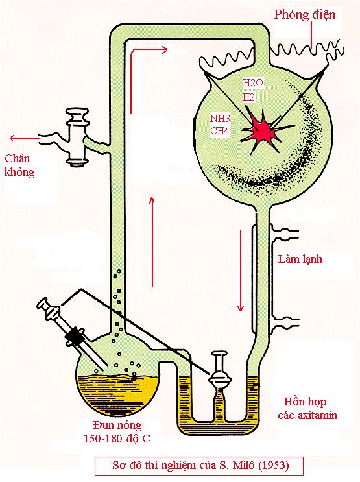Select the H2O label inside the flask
coord(253,82)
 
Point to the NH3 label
coord(220,118)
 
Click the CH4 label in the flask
coord(219,131)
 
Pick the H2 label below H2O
coord(248,97)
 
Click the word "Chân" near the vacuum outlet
coord(18,159)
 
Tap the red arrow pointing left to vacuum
coord(25,138)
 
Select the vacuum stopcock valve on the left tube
coord(77,137)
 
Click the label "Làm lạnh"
coord(300,259)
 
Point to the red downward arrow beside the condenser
coord(241,271)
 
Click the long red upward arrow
coord(152,242)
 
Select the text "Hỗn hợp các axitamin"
coord(307,409)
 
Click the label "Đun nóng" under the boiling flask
coord(117,426)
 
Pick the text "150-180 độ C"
coord(117,439)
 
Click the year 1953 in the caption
coord(274,465)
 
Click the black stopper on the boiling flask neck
coord(75,335)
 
